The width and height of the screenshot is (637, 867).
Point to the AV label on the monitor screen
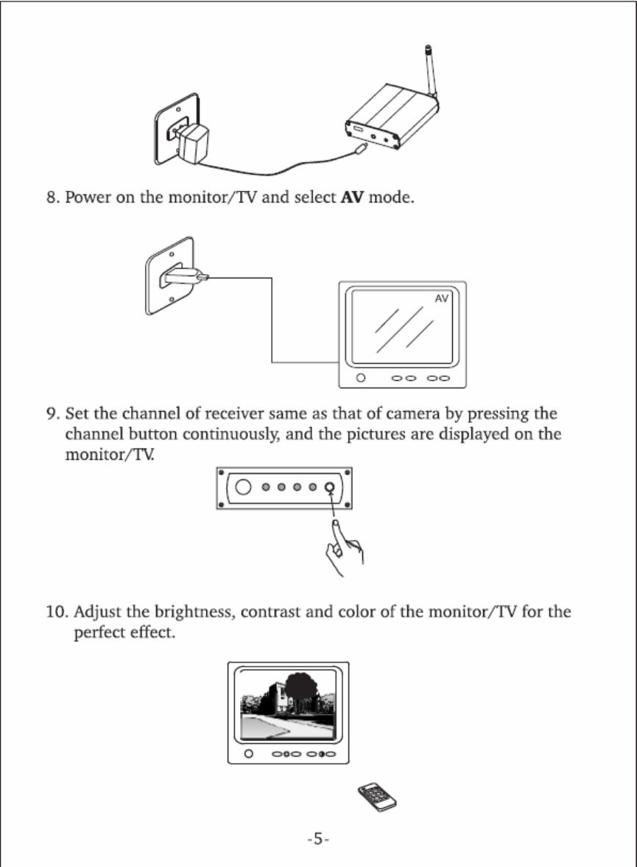tap(442, 298)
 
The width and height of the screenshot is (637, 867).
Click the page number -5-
tap(318, 839)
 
